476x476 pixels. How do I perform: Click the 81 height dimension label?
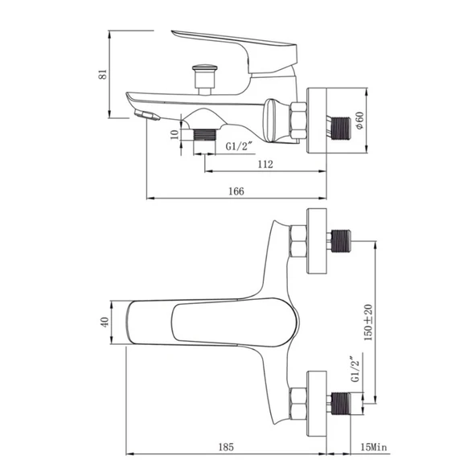[x=103, y=74]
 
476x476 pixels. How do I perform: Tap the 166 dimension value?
[x=236, y=191]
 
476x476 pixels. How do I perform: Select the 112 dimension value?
[x=265, y=164]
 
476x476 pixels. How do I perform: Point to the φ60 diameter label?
[x=359, y=121]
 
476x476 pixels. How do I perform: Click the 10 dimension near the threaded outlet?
[x=174, y=134]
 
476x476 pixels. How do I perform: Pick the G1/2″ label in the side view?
[x=240, y=146]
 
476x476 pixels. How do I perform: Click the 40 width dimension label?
[x=105, y=322]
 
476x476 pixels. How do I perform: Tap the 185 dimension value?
[x=226, y=447]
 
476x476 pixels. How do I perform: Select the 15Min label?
[x=374, y=447]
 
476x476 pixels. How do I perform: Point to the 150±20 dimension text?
[x=368, y=322]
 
